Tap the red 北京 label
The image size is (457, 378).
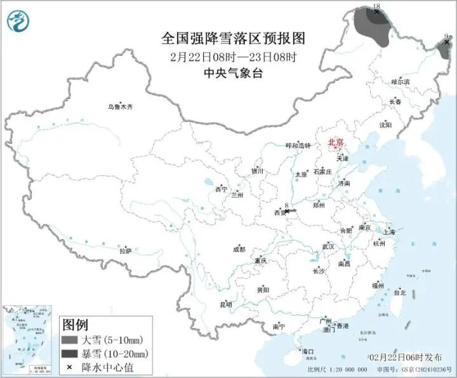(336, 143)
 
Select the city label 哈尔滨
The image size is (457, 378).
(401, 82)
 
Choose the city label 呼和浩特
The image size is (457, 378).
(298, 145)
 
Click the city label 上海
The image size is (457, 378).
(389, 233)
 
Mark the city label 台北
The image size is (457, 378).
(400, 293)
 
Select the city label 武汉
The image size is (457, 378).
(328, 246)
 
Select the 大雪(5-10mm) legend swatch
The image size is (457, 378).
(69, 340)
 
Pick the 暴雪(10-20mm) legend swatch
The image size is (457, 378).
(69, 354)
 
